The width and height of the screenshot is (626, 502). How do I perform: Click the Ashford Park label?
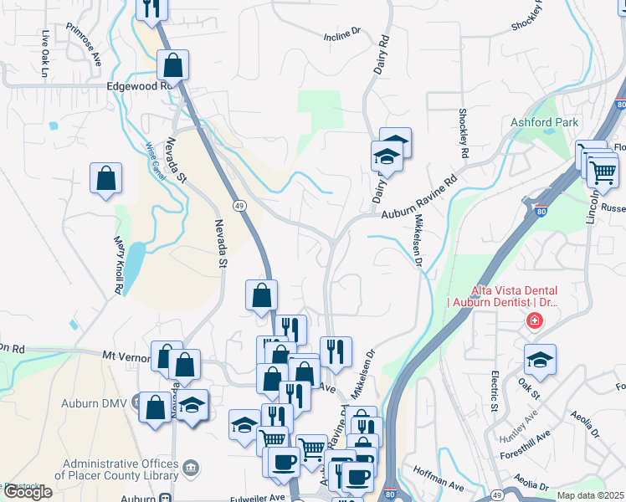(x=545, y=123)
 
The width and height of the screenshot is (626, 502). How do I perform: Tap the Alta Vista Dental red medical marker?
(x=532, y=320)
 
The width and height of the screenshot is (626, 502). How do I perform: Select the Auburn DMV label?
(x=93, y=403)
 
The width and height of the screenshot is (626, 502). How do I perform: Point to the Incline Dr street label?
(x=341, y=34)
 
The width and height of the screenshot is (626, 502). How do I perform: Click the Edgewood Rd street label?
(x=138, y=85)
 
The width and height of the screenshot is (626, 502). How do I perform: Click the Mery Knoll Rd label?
(x=119, y=264)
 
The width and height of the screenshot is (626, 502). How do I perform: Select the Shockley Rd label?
(x=462, y=134)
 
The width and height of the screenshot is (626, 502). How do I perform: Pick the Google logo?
(x=28, y=492)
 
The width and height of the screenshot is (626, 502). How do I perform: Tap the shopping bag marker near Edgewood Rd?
(x=172, y=64)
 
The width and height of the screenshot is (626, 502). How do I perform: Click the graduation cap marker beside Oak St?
(x=540, y=360)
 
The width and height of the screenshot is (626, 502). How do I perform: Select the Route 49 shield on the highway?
(x=239, y=206)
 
